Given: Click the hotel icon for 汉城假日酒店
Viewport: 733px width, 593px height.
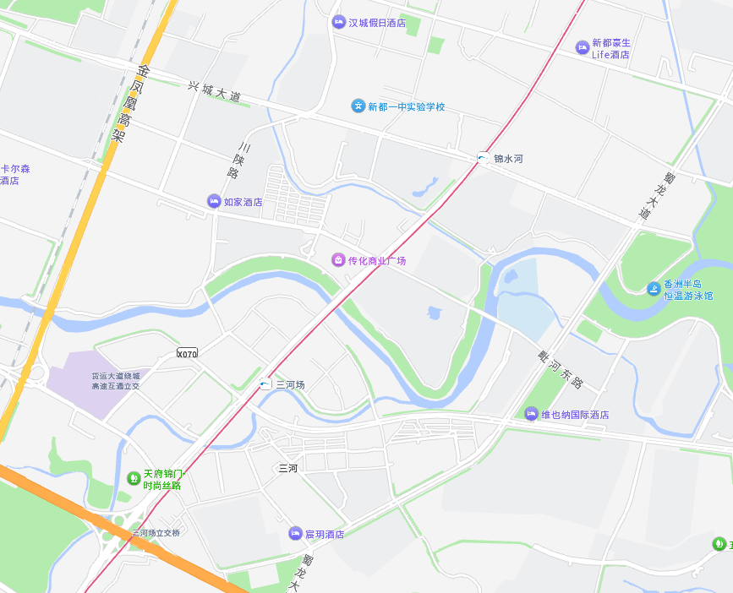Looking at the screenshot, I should click(339, 22).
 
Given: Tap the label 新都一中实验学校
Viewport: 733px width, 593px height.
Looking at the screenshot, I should click(406, 106).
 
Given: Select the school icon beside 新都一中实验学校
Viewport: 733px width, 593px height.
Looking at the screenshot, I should click(358, 106).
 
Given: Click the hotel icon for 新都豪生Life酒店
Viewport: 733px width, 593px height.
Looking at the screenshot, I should click(583, 48).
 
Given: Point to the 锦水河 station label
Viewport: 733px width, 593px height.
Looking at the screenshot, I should click(509, 158).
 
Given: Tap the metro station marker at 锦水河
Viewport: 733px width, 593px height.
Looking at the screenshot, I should click(483, 158).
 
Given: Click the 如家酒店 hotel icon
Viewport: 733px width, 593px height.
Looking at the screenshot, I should click(214, 201).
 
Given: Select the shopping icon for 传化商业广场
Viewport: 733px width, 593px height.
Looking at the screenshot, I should click(338, 260).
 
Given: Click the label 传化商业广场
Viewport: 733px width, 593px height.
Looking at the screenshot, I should click(377, 260).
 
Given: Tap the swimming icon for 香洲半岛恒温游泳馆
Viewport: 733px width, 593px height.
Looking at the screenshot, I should click(654, 289).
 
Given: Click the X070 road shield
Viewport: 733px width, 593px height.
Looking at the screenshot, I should click(187, 353).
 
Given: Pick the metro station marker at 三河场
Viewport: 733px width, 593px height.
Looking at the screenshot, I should click(265, 384).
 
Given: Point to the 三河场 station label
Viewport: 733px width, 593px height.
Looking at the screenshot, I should click(290, 384).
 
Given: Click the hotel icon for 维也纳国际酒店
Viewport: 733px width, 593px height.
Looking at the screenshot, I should click(531, 414).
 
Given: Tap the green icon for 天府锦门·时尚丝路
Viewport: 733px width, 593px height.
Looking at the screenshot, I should click(133, 479).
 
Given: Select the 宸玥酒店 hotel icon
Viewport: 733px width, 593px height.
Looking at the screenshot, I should click(295, 533).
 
